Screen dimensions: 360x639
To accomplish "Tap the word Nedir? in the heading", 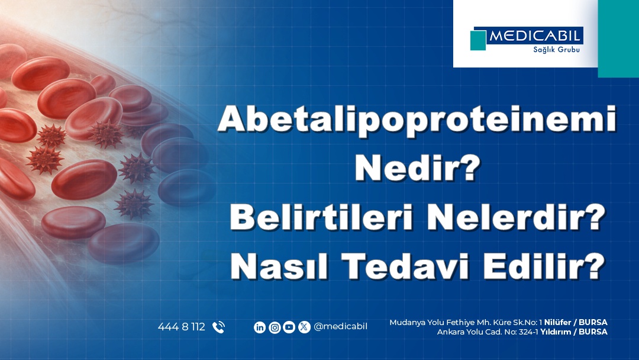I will pos(417,170).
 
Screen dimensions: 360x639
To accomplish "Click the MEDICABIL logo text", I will pos(535,37).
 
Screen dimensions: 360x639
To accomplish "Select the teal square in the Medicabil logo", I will pos(478,40).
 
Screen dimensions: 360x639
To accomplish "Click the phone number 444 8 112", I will pos(181,327).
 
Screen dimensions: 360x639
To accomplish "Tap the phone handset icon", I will pos(218,327).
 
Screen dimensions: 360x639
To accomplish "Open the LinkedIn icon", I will pos(259,327).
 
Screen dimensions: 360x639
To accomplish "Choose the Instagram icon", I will pos(275,327).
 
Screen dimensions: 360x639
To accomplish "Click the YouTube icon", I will pos(289,327).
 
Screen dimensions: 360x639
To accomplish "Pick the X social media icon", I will pos(304,327).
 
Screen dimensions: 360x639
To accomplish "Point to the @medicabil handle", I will pos(340,326).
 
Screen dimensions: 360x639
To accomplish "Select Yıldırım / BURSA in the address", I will pos(574,332).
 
